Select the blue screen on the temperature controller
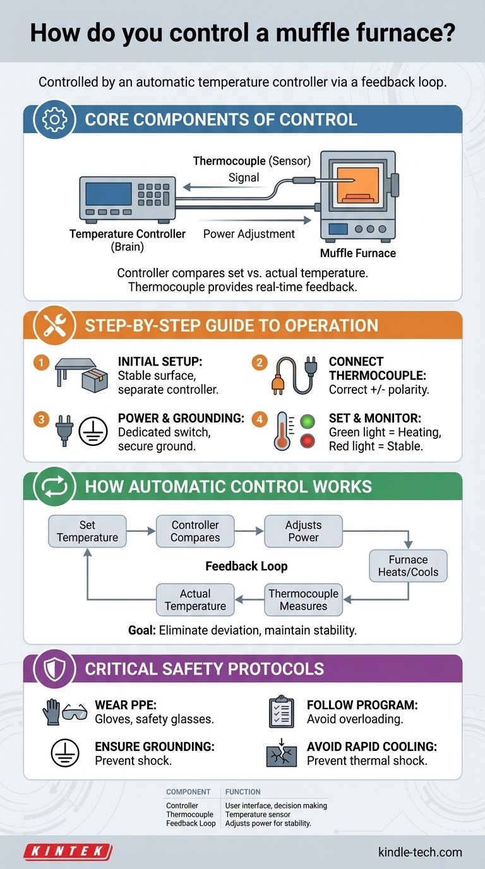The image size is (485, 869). click(108, 194)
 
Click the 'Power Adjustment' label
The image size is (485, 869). click(249, 234)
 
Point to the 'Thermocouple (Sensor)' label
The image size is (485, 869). click(251, 161)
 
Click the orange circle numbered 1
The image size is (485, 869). click(40, 363)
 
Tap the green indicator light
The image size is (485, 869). click(307, 421)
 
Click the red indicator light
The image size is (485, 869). click(307, 442)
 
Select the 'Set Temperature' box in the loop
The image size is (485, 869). click(87, 531)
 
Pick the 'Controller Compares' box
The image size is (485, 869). click(195, 531)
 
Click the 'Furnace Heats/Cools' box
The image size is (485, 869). click(408, 566)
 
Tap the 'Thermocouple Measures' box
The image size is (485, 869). click(303, 600)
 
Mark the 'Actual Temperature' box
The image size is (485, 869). click(195, 600)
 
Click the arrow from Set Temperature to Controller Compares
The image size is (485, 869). click(141, 531)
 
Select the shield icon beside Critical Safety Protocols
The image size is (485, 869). click(55, 669)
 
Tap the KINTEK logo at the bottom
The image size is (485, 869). click(68, 852)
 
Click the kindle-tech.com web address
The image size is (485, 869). click(420, 852)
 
